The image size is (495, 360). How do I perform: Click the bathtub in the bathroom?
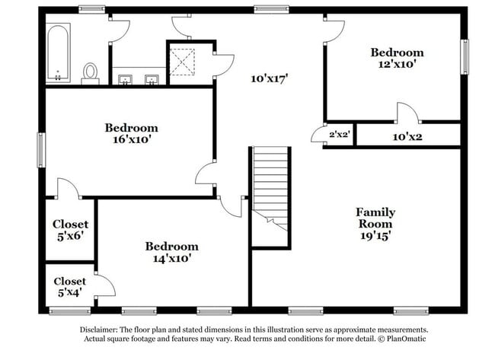59,53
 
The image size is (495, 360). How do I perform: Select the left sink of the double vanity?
126,79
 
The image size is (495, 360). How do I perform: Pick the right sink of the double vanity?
152,79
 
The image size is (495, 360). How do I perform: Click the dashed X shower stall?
182,62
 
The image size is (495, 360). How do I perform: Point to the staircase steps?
271,189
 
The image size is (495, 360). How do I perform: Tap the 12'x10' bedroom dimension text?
397,64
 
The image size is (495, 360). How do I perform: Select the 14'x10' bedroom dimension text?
172,259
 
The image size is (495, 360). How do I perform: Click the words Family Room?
375,218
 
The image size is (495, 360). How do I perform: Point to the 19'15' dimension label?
375,235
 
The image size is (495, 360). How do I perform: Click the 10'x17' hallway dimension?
270,78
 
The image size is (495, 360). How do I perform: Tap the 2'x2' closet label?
340,135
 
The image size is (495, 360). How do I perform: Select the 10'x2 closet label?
407,137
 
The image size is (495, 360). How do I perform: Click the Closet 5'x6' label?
70,230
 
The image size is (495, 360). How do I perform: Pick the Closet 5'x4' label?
70,287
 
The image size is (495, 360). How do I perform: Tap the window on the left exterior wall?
41,150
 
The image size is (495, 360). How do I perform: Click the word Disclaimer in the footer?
99,330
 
